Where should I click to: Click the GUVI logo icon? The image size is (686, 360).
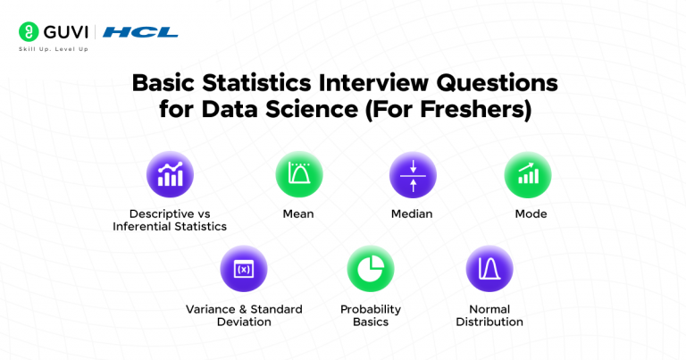(x=28, y=31)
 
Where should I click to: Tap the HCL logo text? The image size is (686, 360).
(x=140, y=32)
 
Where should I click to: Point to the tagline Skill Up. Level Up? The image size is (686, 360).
(x=53, y=48)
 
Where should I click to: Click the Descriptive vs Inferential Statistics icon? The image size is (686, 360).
(x=170, y=175)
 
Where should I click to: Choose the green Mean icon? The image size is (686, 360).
(x=298, y=175)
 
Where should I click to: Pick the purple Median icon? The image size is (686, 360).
(x=412, y=175)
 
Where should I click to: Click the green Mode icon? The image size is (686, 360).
(x=528, y=175)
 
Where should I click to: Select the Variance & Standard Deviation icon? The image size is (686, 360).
(x=244, y=269)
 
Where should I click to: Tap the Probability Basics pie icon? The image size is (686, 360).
(x=371, y=269)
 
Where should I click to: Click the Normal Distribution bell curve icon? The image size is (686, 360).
(x=489, y=269)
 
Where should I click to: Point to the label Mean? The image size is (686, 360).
(x=298, y=214)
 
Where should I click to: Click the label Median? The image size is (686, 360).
(x=412, y=214)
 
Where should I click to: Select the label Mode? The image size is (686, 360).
(x=531, y=214)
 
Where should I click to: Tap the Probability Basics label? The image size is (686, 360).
(x=371, y=315)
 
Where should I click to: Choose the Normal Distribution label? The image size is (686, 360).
(x=489, y=315)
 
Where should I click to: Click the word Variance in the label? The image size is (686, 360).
(x=213, y=309)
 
